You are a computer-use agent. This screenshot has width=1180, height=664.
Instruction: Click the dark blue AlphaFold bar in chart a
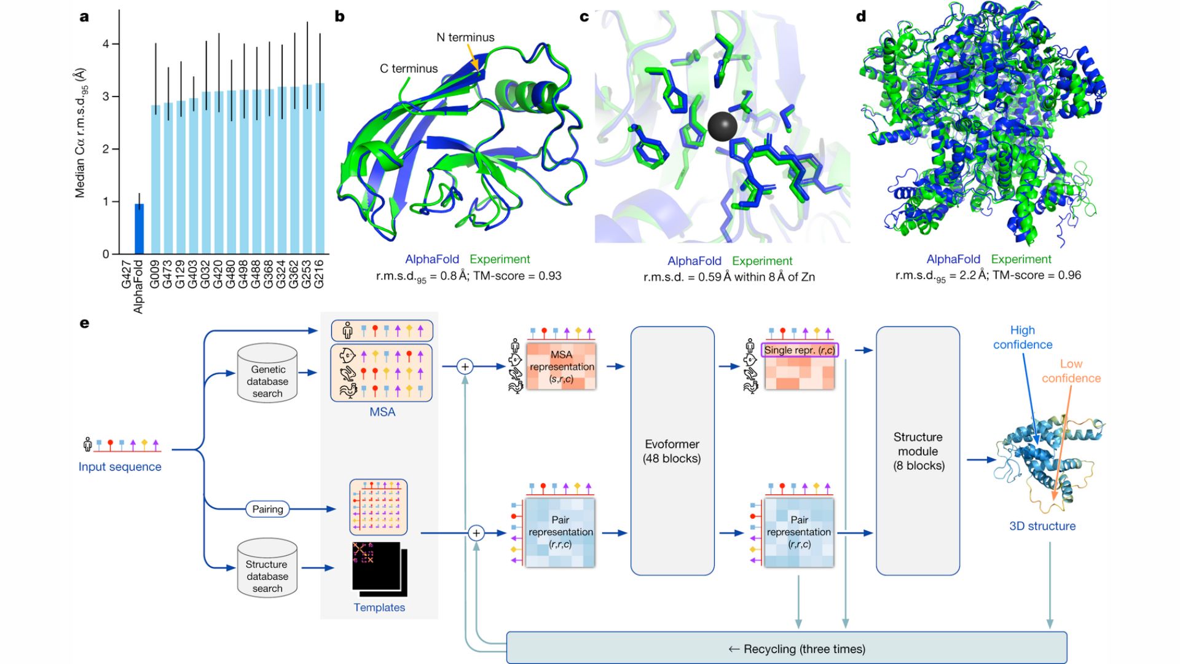140,229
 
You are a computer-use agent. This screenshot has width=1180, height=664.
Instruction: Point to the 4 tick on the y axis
106,44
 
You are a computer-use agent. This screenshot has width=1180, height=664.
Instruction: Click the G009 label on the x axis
155,274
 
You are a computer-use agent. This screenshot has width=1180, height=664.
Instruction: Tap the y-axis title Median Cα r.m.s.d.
81,133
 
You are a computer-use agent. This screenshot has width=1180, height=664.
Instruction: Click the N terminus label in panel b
465,38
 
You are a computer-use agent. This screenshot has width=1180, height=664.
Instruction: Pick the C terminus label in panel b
409,69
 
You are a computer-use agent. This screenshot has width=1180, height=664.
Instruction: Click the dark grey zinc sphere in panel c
722,127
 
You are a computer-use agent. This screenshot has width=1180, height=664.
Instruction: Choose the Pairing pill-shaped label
267,509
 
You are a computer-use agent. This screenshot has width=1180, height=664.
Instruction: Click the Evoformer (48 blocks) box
672,451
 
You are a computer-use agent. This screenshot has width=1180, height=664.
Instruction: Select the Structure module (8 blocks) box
918,451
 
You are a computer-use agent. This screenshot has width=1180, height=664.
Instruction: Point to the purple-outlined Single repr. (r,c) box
799,350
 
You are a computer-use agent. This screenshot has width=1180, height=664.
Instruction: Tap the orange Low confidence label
1071,371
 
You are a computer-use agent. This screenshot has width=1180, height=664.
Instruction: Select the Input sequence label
120,467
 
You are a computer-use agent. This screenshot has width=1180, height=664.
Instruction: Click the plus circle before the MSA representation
465,367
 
